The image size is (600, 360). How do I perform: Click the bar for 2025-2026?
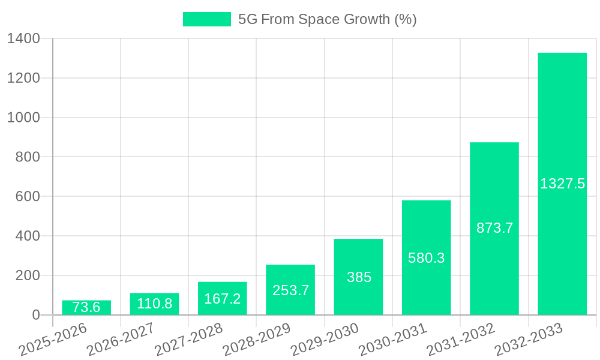(x=86, y=307)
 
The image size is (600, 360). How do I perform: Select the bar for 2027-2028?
(x=222, y=298)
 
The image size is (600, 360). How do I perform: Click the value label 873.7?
(x=494, y=228)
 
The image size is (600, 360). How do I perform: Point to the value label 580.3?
(x=426, y=258)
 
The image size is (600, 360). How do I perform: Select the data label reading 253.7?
(x=290, y=290)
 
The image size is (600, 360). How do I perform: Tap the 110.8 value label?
(x=154, y=304)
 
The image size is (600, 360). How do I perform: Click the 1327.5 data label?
(x=562, y=184)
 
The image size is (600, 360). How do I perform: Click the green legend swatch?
(x=206, y=19)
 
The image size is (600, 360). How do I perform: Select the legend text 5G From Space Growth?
(x=327, y=19)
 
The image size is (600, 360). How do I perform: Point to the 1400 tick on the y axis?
(x=23, y=39)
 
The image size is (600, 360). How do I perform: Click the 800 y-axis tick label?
(x=28, y=157)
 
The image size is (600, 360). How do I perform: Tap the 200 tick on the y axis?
(x=28, y=275)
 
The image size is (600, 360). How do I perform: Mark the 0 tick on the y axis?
(x=35, y=315)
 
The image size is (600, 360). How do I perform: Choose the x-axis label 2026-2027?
(x=120, y=339)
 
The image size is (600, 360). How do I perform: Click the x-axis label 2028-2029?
(x=256, y=339)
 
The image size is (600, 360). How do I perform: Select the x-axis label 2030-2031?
(x=392, y=339)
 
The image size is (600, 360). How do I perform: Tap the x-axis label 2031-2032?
(x=460, y=339)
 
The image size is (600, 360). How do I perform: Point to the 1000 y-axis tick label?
(x=23, y=118)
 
